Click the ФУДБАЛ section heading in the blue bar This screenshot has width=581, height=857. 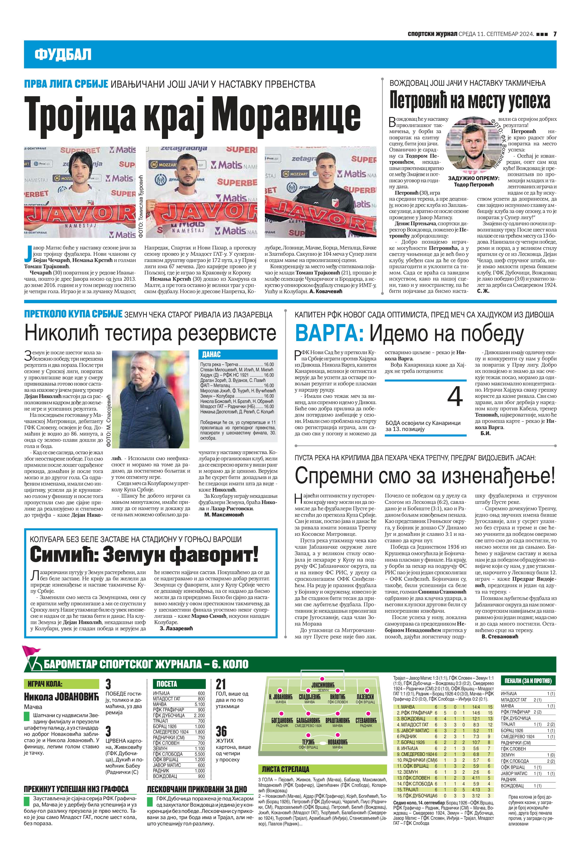(x=63, y=55)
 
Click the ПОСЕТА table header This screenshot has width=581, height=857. (x=167, y=684)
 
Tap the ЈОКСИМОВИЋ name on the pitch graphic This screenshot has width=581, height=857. (x=323, y=685)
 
